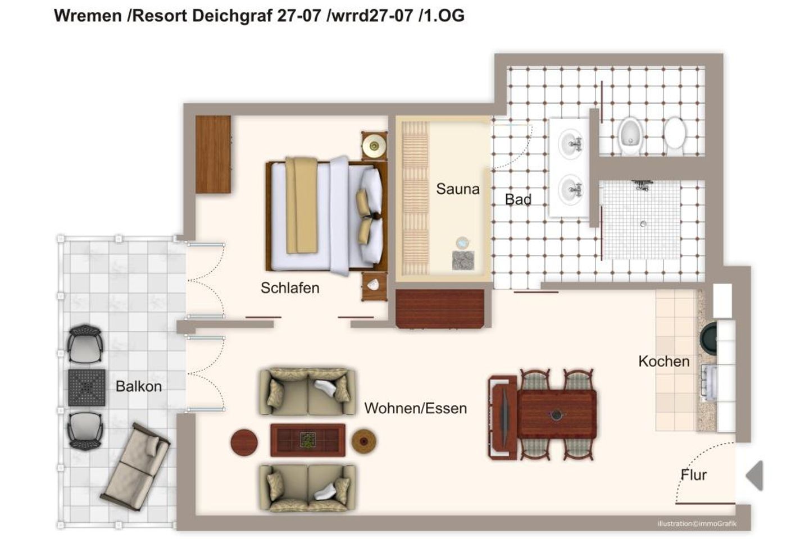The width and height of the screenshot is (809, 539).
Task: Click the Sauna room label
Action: [457, 189]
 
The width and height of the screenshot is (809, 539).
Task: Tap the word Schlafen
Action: [290, 287]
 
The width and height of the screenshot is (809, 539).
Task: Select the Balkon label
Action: [139, 386]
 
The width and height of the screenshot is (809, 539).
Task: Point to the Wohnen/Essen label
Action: [415, 408]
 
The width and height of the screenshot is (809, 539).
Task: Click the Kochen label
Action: [664, 362]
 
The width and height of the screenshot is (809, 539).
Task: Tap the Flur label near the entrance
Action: [693, 475]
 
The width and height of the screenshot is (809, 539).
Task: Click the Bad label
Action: [518, 199]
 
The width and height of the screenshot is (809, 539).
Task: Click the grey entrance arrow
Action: [755, 476]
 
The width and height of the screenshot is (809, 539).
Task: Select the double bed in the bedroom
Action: [326, 216]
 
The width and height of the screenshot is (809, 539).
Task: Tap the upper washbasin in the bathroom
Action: [571, 144]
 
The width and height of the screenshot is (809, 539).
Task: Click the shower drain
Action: [643, 224]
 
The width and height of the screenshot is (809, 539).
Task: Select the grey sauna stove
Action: [463, 260]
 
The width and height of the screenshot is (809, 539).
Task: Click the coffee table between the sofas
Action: [308, 440]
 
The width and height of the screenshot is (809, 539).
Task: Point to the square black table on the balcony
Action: [87, 388]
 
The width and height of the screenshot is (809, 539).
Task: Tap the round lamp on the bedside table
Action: [374, 145]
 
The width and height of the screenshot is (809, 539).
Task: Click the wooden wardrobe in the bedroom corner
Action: [213, 154]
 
